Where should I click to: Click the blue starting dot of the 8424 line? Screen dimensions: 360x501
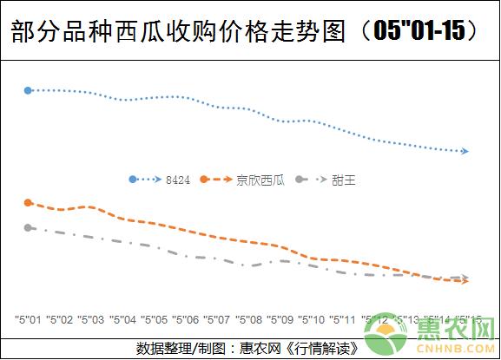(28, 90)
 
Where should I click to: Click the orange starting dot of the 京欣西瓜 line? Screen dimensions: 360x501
(28, 203)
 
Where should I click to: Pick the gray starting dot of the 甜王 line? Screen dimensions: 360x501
(28, 228)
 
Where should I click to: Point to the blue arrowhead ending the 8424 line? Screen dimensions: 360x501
(465, 152)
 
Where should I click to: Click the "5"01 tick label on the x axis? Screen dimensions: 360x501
(29, 319)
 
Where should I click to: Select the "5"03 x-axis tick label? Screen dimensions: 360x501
(91, 319)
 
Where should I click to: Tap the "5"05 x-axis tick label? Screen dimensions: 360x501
(154, 319)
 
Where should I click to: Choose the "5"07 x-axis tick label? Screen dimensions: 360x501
(216, 319)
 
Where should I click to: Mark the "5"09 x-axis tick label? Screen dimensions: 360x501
(279, 319)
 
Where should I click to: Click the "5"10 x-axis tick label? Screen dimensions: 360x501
(310, 319)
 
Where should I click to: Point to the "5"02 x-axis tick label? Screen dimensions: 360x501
(60, 319)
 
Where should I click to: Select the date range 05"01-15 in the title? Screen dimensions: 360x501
(425, 31)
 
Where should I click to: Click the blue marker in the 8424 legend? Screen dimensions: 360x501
(133, 180)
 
